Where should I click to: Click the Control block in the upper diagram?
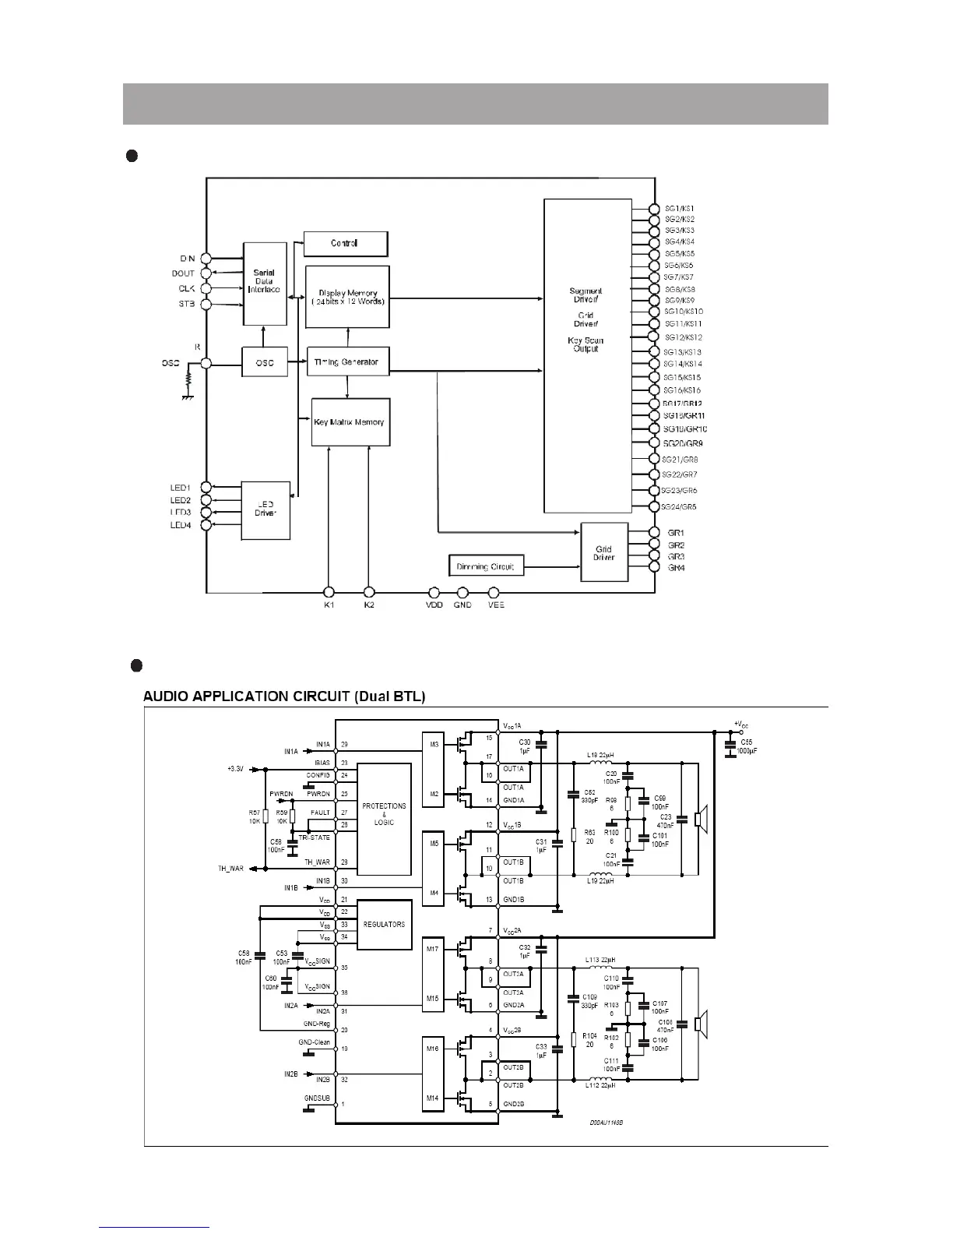[x=345, y=244]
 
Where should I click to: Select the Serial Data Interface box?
[x=265, y=284]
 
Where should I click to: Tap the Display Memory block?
[x=347, y=297]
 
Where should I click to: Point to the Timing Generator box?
[x=347, y=361]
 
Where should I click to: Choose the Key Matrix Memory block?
[x=350, y=422]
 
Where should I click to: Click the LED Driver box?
[x=265, y=510]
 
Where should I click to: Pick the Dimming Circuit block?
[x=486, y=566]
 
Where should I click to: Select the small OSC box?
[x=265, y=362]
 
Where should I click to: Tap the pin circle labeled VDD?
[x=434, y=592]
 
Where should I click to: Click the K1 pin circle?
[x=329, y=592]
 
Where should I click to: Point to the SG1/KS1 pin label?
[x=680, y=209]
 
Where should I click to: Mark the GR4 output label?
[x=676, y=568]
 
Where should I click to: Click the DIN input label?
[x=187, y=259]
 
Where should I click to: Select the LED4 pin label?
[x=181, y=525]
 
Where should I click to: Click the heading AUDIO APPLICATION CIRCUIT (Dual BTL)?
[x=284, y=696]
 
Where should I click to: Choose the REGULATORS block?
[x=384, y=925]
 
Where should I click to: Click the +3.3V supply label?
[x=235, y=769]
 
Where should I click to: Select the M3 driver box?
[x=433, y=745]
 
